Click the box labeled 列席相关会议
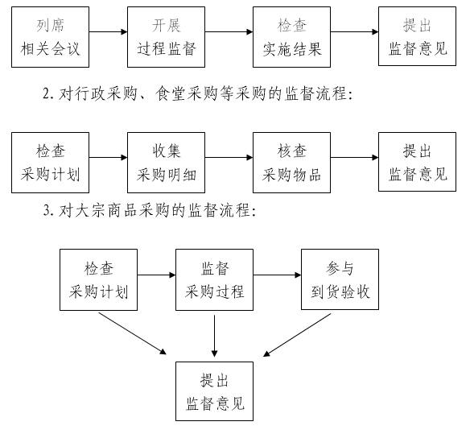point(51,37)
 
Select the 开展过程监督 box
point(166,37)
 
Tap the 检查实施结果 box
point(291,37)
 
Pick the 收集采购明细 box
point(166,163)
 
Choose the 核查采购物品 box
point(291,163)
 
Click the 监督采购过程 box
point(214,279)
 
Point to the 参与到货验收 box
point(340,279)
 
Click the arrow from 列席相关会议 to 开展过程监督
point(108,31)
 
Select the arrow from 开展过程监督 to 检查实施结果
point(229,31)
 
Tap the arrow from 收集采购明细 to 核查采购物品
point(229,157)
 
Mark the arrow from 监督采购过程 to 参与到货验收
point(278,275)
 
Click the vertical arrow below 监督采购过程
point(214,336)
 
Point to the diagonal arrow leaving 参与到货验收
point(297,335)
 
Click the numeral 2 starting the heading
point(46,93)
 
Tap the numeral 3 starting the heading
point(47,210)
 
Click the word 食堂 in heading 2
point(171,93)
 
